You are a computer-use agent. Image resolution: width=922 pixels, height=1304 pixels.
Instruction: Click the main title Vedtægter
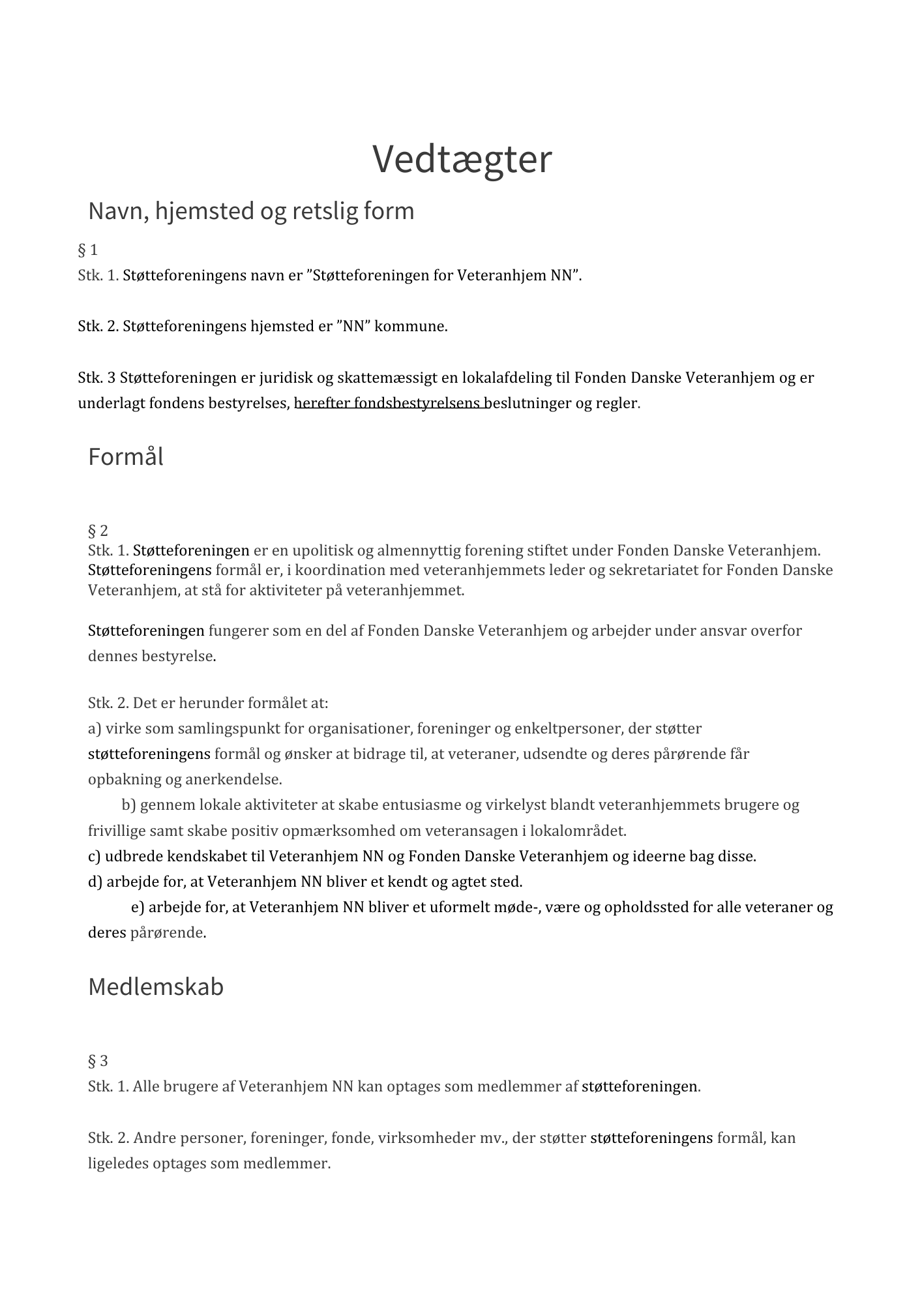[462, 158]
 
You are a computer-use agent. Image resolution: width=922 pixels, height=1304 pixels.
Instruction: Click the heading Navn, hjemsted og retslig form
[251, 211]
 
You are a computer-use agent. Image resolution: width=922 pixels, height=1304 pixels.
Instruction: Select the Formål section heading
[126, 456]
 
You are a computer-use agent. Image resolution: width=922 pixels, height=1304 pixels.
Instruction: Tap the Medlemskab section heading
[156, 986]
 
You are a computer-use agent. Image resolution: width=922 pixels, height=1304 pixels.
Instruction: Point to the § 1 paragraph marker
[88, 250]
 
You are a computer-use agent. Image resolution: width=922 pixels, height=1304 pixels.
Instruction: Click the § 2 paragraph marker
[98, 530]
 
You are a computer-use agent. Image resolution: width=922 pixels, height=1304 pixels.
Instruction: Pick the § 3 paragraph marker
[98, 1061]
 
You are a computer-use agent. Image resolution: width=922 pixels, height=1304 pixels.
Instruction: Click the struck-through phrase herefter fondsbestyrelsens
[391, 403]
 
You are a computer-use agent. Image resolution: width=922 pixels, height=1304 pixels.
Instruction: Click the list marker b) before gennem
[128, 805]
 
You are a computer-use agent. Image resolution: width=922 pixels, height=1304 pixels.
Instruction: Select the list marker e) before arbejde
[138, 907]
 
